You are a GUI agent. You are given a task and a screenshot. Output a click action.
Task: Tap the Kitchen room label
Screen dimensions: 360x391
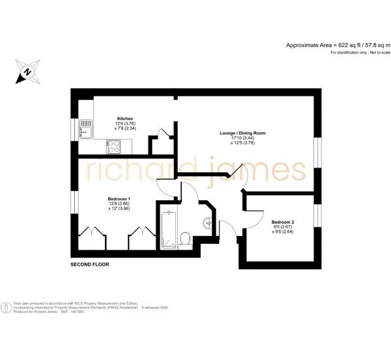tap(126, 119)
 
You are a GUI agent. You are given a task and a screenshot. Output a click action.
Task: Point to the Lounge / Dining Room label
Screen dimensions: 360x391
tap(242, 133)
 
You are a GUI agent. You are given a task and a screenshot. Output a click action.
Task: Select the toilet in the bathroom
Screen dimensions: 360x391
tap(185, 239)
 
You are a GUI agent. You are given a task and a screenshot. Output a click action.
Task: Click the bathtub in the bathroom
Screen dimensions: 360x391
tap(167, 228)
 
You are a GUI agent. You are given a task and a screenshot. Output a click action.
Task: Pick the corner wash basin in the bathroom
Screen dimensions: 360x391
tap(208, 222)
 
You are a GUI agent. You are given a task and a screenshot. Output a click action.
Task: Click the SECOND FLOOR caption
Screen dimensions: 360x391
tap(90, 265)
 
